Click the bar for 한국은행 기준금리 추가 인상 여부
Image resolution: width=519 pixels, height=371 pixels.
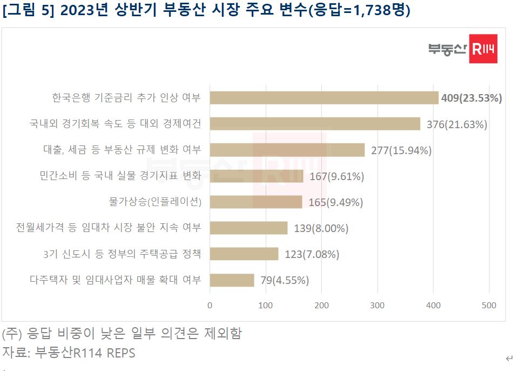323,98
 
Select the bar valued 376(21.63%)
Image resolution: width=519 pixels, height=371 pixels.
314,124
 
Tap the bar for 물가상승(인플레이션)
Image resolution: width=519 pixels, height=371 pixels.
255,202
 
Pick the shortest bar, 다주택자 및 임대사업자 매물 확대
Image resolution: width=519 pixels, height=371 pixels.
232,280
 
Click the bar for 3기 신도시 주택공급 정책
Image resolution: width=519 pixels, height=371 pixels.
244,254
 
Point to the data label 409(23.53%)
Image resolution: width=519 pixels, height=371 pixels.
471,98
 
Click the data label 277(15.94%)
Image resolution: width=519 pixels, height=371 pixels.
401,150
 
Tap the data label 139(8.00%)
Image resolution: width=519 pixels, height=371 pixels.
321,228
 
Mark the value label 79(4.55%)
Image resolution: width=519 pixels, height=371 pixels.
285,280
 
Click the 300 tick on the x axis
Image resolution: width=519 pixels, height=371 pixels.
377,306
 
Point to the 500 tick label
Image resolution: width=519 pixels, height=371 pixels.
489,306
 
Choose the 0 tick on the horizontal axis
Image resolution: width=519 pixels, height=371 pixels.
210,306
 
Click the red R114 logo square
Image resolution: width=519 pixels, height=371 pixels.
483,49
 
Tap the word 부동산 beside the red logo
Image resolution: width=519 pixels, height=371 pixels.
447,50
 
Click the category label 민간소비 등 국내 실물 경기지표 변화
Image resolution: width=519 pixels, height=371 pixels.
120,176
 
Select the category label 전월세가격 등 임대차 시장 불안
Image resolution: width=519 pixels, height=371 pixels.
109,228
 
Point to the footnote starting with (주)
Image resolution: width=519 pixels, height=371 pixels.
122,333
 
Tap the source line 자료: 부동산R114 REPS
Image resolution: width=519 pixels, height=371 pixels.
69,353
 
